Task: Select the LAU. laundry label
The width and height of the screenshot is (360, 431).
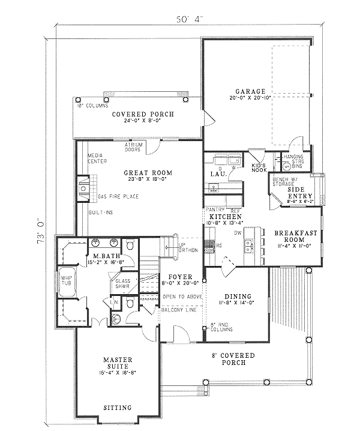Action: click(217, 174)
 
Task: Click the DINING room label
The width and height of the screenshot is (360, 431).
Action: click(238, 296)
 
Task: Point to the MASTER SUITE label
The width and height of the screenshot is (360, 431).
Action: click(118, 363)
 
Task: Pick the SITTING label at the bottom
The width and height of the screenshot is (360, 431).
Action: click(118, 408)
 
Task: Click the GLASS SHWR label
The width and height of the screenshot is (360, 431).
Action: click(123, 283)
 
